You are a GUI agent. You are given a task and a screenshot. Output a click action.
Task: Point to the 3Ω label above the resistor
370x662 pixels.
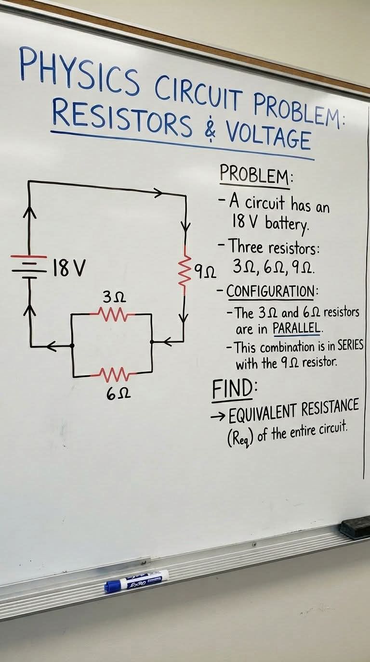pos(115,297)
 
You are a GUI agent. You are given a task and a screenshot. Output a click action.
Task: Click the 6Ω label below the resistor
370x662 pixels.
pos(118,394)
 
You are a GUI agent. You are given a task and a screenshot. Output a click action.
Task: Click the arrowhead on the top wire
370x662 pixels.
pos(158,193)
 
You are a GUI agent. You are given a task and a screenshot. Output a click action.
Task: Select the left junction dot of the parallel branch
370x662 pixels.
pos(72,345)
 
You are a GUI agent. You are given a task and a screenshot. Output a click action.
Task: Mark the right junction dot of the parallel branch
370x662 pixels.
pos(152,342)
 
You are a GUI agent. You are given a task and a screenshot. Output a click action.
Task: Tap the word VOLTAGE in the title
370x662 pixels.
pos(268,137)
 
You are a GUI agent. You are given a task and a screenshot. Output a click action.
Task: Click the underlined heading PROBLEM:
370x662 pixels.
pos(256,176)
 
